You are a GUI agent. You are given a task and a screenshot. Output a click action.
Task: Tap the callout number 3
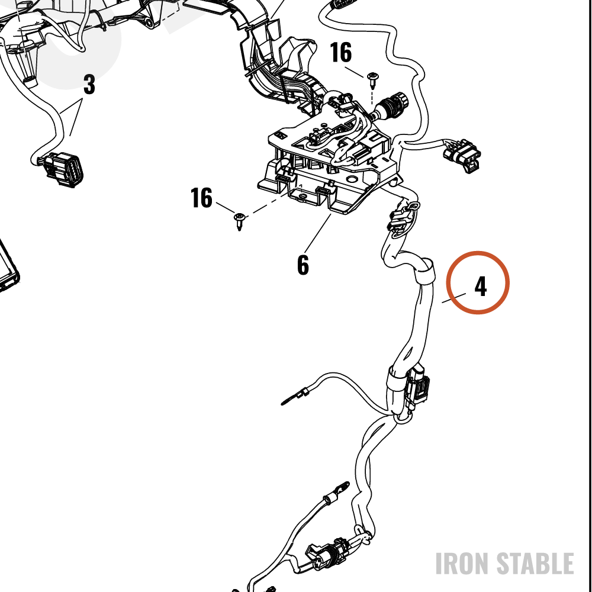click(89, 84)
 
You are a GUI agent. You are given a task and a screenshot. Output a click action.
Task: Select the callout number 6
click(303, 265)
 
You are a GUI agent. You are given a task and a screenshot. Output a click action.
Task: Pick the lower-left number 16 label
click(202, 198)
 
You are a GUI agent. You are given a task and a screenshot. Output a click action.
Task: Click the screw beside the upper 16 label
click(372, 80)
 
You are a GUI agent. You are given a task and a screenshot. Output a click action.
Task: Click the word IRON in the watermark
click(463, 564)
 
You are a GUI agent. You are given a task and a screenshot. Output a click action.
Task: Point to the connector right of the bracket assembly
click(462, 155)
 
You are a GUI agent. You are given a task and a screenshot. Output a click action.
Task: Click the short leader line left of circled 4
click(454, 298)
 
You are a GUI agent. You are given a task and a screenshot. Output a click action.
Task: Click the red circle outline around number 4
click(478, 252)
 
